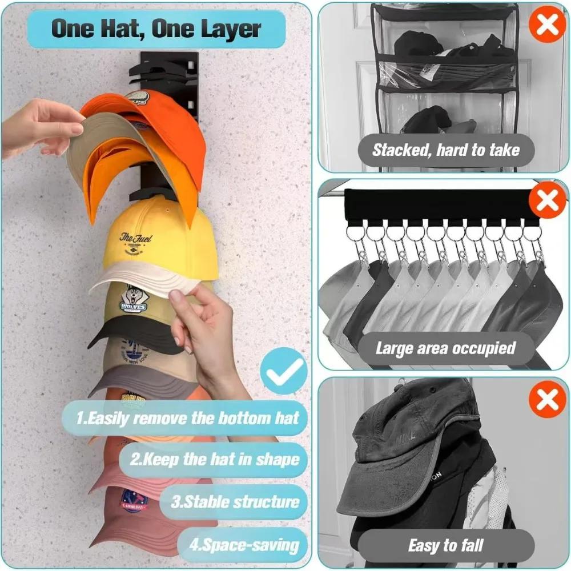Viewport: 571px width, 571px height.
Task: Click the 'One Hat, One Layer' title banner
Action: (156, 29)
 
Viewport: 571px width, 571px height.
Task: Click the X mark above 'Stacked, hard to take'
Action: (547, 24)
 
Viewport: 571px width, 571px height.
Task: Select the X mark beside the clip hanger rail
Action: (547, 201)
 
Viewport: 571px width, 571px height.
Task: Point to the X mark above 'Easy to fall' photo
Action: (547, 398)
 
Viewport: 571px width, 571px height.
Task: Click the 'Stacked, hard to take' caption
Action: (446, 150)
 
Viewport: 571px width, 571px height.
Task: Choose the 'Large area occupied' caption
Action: (445, 348)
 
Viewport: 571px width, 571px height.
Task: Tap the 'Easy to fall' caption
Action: (447, 545)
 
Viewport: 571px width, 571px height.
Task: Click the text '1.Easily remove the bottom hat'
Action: (188, 417)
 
